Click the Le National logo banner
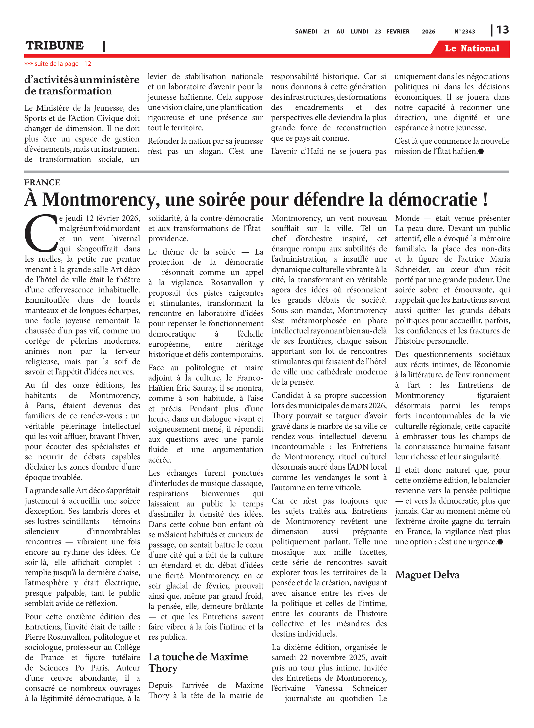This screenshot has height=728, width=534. (x=472, y=49)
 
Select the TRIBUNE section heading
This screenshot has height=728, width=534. (x=55, y=46)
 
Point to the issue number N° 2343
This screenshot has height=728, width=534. (x=465, y=32)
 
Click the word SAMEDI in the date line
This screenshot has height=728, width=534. (x=306, y=32)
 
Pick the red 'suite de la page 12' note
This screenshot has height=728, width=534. (x=58, y=64)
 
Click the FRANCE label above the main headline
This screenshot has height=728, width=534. (x=42, y=182)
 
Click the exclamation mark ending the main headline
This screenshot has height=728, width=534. (x=485, y=200)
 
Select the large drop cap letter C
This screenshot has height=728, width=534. (x=41, y=233)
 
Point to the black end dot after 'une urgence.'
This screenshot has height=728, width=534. (x=501, y=542)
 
